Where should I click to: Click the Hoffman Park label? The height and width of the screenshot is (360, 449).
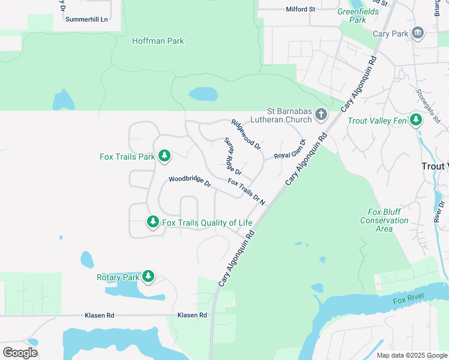(x=158, y=41)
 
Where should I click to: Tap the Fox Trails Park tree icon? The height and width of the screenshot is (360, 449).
(x=164, y=157)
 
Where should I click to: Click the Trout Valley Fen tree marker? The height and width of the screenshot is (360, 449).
(x=416, y=120)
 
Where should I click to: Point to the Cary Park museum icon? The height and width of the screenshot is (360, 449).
(x=418, y=34)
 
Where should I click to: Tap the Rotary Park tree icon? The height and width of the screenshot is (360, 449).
(x=148, y=277)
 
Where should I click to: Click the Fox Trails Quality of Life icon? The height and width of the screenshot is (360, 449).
(x=153, y=223)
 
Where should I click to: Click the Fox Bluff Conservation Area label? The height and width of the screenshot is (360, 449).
(x=384, y=220)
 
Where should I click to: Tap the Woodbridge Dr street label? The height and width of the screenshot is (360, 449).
(x=190, y=181)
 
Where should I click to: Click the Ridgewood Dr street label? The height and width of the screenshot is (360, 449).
(x=246, y=134)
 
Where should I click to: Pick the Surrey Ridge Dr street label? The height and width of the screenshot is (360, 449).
(x=232, y=157)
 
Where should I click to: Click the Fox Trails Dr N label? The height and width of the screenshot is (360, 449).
(x=246, y=191)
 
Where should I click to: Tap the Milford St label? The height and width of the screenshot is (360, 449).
(x=300, y=10)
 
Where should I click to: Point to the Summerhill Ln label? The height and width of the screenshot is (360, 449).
(x=86, y=19)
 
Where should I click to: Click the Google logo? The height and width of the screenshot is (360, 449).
(x=20, y=353)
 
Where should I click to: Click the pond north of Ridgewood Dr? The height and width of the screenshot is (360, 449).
(x=203, y=94)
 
